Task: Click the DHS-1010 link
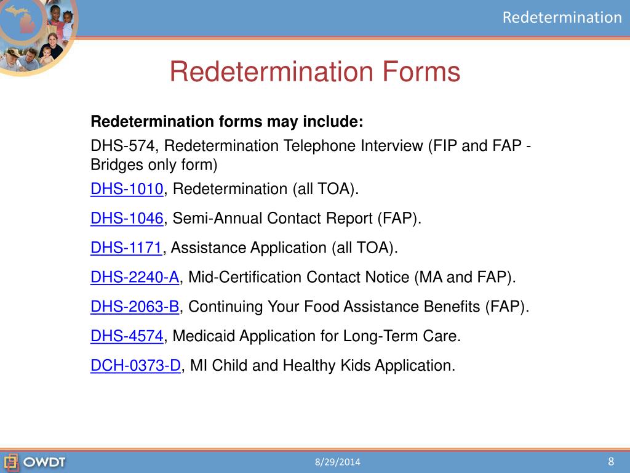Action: click(x=127, y=188)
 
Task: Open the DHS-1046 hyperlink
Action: click(x=127, y=218)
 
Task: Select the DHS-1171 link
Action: click(x=126, y=248)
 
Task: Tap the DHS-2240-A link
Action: click(x=135, y=277)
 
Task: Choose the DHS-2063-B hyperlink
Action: click(x=135, y=307)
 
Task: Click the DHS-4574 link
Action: click(x=127, y=336)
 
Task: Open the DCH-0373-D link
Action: click(x=135, y=366)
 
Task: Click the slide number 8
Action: click(x=611, y=461)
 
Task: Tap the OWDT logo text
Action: click(x=44, y=461)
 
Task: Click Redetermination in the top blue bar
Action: click(x=562, y=17)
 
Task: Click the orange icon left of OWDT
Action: click(x=11, y=461)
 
